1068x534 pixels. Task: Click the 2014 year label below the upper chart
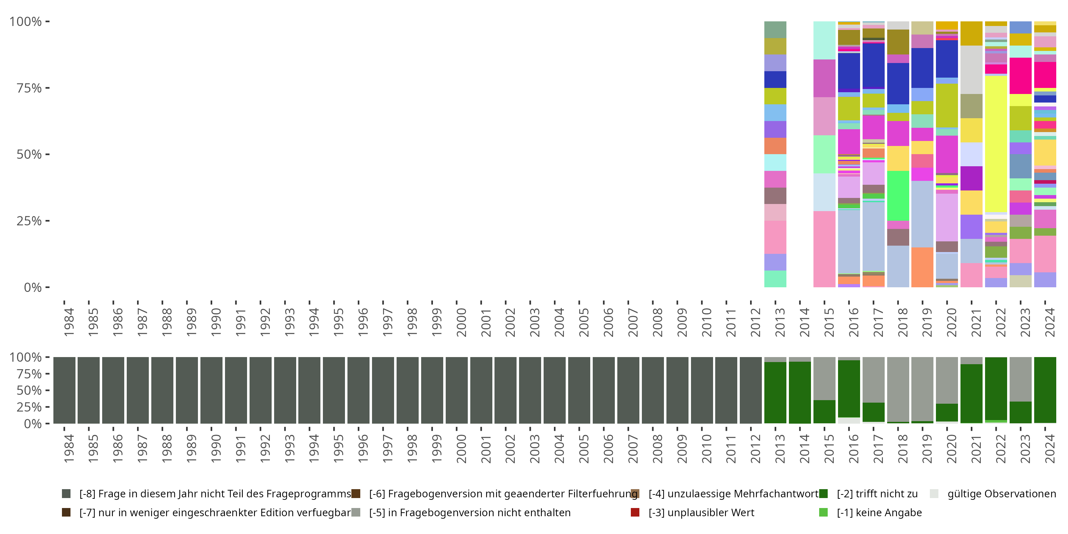pyautogui.click(x=804, y=322)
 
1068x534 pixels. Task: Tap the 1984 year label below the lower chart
pyautogui.click(x=69, y=448)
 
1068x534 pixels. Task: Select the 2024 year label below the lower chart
pyautogui.click(x=1050, y=448)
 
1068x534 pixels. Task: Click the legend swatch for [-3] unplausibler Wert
pyautogui.click(x=635, y=512)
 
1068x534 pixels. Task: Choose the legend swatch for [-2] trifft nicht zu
pyautogui.click(x=823, y=494)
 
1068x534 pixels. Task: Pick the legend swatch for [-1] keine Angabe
pyautogui.click(x=823, y=512)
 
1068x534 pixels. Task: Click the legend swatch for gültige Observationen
pyautogui.click(x=934, y=494)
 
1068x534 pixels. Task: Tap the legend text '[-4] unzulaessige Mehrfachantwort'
pyautogui.click(x=733, y=494)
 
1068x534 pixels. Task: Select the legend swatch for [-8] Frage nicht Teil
pyautogui.click(x=66, y=494)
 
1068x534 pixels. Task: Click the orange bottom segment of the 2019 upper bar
pyautogui.click(x=922, y=267)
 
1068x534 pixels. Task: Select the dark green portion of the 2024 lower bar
pyautogui.click(x=1045, y=390)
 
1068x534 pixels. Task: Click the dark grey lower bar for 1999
pyautogui.click(x=432, y=390)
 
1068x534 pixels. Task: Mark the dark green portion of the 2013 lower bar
pyautogui.click(x=775, y=392)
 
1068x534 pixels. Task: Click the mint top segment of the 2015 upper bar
pyautogui.click(x=824, y=40)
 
